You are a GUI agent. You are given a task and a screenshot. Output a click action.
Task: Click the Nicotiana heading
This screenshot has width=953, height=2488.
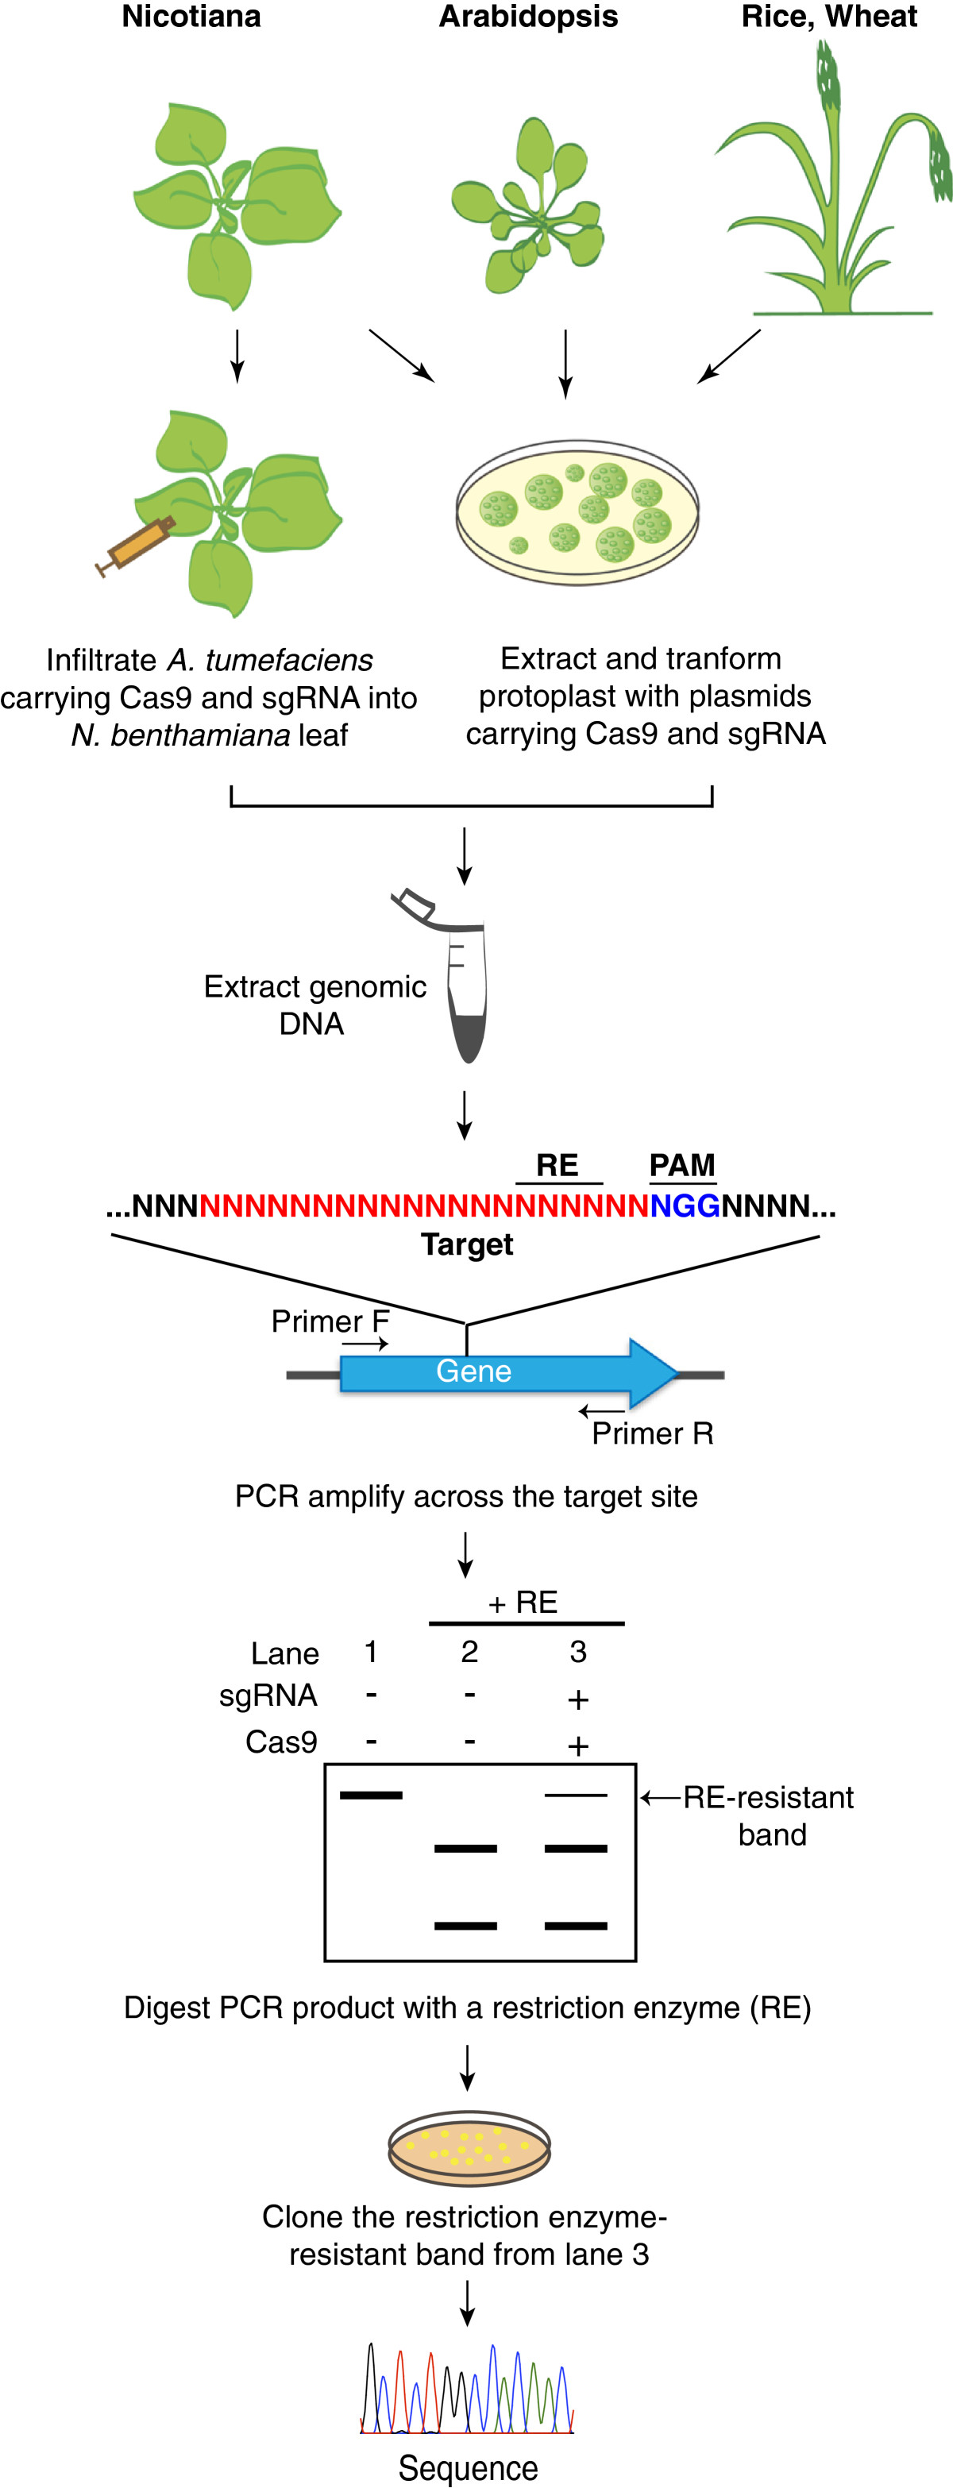191,17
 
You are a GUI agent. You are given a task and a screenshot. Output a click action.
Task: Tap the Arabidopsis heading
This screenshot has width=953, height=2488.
528,17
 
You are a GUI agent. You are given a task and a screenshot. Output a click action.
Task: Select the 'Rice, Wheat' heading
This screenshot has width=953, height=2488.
828,17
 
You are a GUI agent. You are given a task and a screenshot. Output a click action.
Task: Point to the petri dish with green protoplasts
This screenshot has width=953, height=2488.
577,512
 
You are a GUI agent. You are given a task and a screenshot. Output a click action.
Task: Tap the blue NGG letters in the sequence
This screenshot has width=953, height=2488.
685,1205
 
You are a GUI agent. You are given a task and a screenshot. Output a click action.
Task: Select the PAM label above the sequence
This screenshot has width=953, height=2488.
681,1165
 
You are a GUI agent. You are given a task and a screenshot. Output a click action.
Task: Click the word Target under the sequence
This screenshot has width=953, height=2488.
466,1244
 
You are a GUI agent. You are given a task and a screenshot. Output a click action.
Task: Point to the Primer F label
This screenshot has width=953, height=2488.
330,1321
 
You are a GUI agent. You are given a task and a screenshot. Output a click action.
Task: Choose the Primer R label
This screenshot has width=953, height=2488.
653,1433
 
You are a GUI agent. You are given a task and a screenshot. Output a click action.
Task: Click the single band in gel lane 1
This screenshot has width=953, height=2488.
371,1796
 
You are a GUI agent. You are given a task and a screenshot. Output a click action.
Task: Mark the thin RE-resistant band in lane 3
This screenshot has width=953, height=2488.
577,1796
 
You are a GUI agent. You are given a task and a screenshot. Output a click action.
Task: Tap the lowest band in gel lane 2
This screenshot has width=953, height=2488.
465,1926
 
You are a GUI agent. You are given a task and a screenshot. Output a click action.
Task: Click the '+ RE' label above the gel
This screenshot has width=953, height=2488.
523,1603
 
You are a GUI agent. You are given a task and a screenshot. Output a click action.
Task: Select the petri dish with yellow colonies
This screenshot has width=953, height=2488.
469,2146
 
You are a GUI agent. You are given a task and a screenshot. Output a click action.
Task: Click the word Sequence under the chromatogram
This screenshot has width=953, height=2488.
469,2467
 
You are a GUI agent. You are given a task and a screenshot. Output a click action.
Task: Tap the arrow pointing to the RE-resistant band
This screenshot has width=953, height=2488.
661,1797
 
